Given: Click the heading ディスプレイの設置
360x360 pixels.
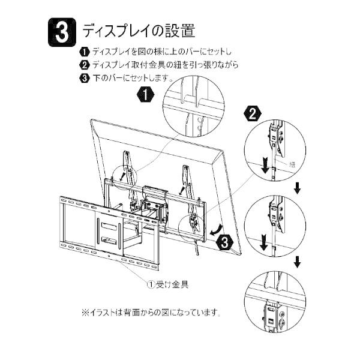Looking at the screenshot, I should pos(139,30).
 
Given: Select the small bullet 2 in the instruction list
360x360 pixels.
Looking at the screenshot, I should pos(85,65).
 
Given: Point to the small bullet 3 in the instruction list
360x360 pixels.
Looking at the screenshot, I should pos(85,78).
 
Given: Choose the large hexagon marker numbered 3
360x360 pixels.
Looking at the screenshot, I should pos(223,242).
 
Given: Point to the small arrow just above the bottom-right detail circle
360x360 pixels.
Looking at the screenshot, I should pos(297,262).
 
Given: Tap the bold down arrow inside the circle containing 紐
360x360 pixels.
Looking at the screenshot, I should pos(264,166).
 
